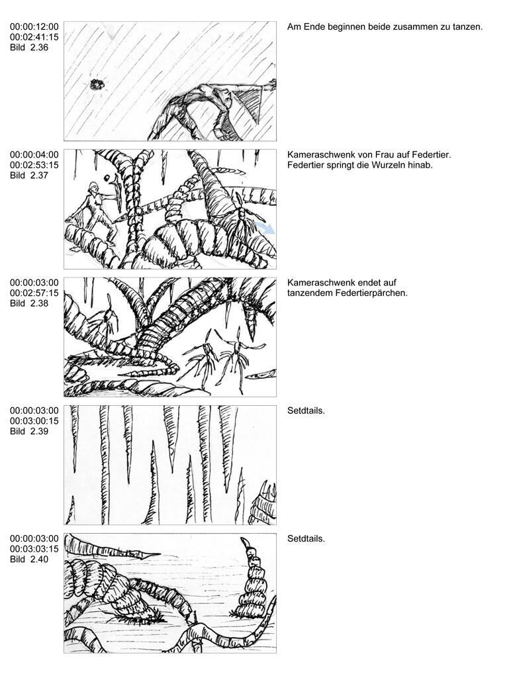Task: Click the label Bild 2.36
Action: (29, 48)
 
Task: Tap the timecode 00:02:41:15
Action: (34, 37)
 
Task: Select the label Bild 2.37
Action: (29, 175)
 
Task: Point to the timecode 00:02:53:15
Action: (34, 165)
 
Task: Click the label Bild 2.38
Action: (29, 303)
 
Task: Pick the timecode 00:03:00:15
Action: (34, 421)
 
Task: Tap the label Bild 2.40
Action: (29, 559)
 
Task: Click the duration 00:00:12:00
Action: (34, 26)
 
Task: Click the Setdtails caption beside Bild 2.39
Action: (306, 411)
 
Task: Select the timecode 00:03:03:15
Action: (34, 549)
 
